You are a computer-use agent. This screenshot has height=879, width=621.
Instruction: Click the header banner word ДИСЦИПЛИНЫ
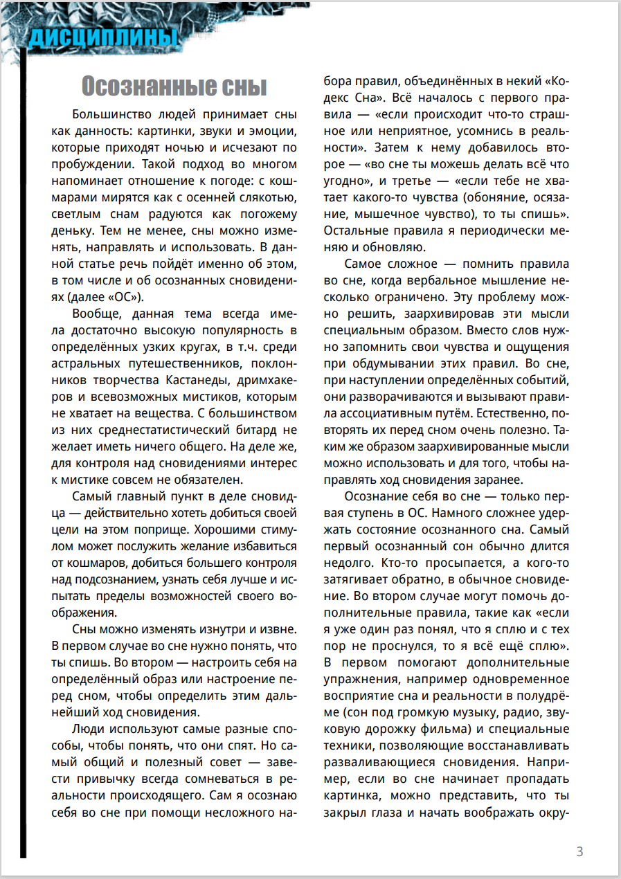pyautogui.click(x=100, y=39)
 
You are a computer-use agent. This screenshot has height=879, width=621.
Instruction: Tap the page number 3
pyautogui.click(x=580, y=852)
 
